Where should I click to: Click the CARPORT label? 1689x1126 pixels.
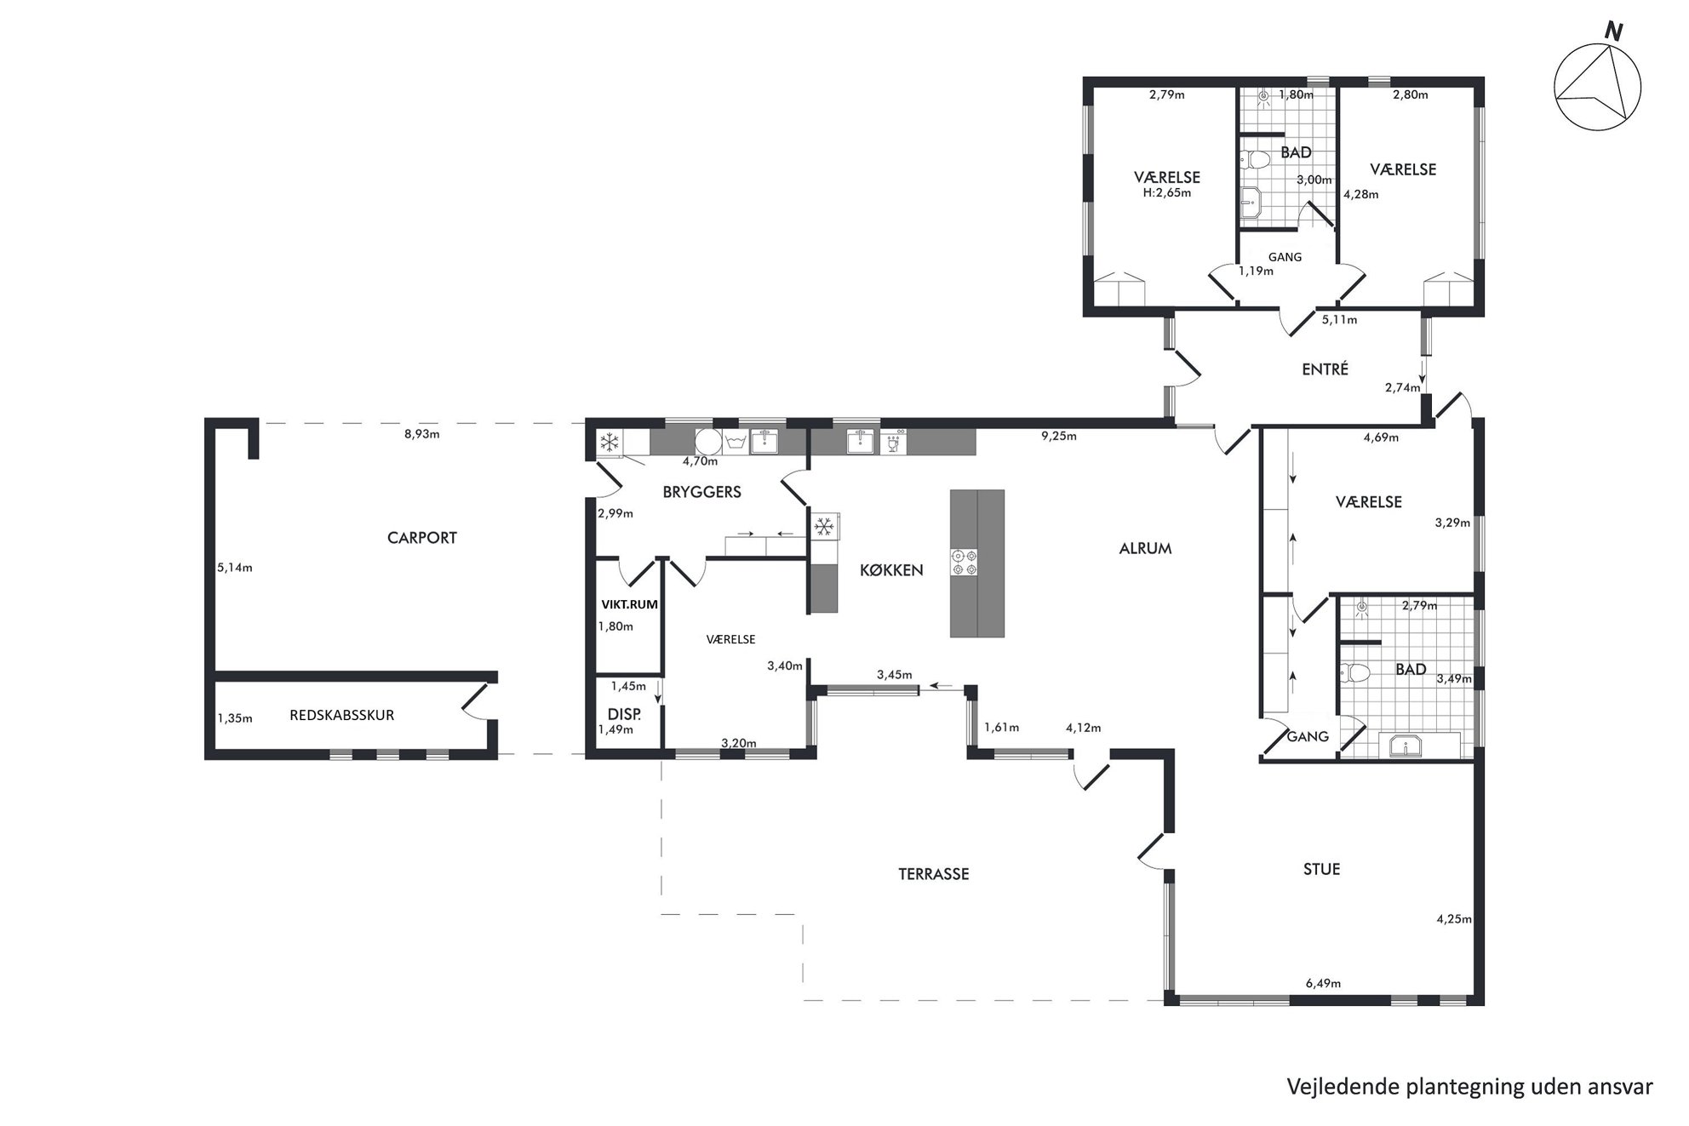point(422,538)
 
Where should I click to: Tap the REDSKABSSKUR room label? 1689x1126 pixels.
point(342,716)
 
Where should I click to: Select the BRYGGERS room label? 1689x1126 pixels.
point(702,492)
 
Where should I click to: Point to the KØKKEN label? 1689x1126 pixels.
point(891,570)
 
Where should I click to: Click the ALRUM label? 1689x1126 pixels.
point(1145,549)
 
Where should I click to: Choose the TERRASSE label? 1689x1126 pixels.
point(934,874)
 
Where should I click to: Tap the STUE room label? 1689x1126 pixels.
point(1322,869)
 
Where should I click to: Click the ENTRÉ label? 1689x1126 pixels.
point(1325,369)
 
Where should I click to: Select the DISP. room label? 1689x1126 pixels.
point(624,714)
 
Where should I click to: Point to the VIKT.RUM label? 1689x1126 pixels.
point(629,605)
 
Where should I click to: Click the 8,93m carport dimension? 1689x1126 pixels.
point(421,434)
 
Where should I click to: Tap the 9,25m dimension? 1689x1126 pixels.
point(1059,437)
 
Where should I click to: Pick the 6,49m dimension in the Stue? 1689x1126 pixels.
point(1323,984)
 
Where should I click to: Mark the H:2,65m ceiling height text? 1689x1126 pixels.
point(1167,193)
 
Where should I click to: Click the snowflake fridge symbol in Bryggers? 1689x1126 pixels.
point(609,443)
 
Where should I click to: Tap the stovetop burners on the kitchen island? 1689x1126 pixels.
point(965,563)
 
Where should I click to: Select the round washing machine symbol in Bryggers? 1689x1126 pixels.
point(708,442)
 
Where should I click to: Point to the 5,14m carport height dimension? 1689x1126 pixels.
point(235,568)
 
